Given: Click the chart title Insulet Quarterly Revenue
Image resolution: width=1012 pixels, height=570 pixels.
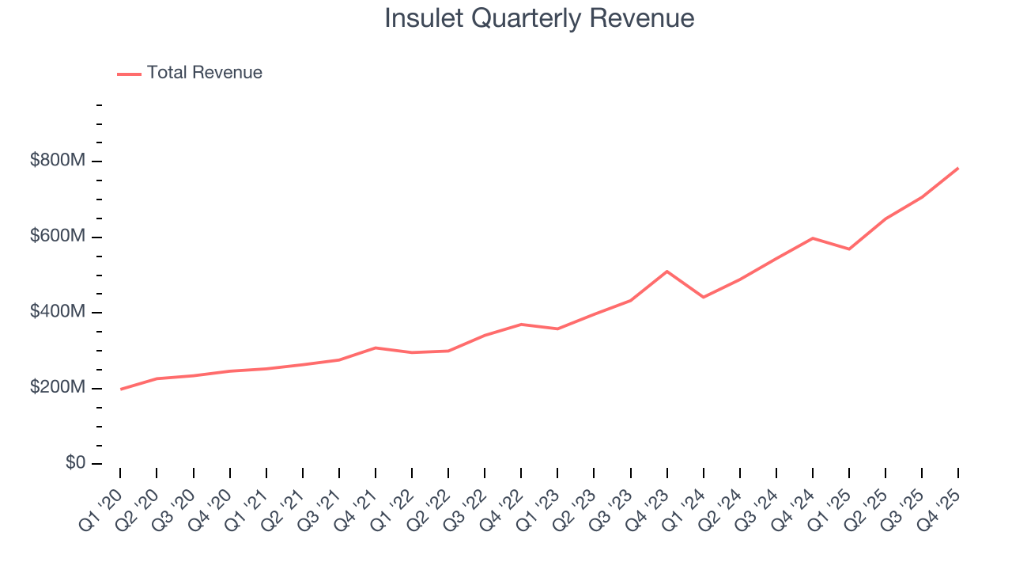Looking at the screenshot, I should point(539,18).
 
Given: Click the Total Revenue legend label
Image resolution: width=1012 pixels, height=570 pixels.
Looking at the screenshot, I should point(204,73).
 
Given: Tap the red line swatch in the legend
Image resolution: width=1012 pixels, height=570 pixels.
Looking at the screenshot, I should point(129,74).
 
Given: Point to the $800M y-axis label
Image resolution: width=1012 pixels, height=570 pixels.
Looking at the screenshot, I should point(57,161).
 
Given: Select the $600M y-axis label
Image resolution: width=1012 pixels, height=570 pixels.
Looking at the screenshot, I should point(57,237).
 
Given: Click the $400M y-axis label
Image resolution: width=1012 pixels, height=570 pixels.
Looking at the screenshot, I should point(57,312).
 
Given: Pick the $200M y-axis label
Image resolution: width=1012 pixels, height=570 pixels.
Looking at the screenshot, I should point(57,388).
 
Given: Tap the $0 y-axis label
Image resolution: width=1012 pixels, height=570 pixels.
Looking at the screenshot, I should point(74,463).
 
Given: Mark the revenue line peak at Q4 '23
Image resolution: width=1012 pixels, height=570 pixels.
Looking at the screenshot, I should point(667,272).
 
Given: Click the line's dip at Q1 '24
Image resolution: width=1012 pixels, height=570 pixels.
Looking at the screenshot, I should point(704,297).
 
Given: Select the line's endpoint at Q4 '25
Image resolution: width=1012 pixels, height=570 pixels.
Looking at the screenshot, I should point(958,168).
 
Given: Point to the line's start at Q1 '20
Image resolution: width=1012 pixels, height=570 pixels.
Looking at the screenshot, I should point(120,389).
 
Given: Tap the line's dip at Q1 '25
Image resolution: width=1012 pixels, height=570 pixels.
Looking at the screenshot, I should point(849,249).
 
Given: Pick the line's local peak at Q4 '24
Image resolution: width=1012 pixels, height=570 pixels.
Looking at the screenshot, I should point(813,237).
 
